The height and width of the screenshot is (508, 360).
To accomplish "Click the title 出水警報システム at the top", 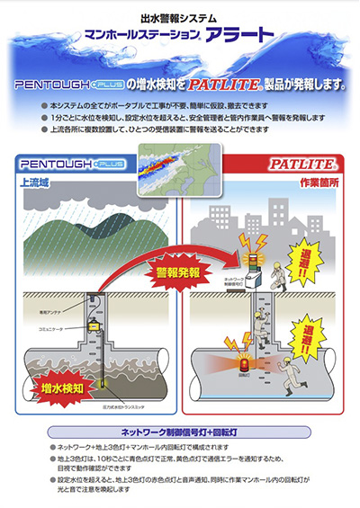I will tap(180, 17).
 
